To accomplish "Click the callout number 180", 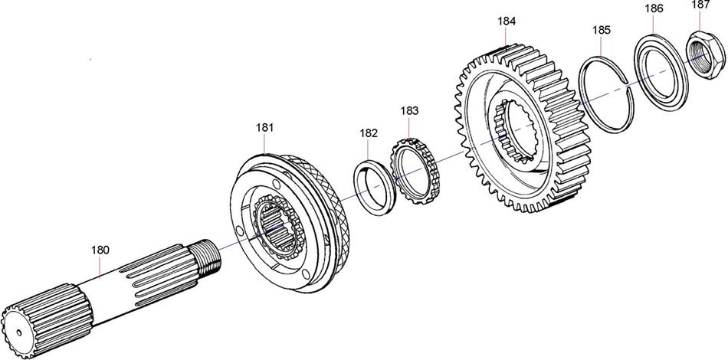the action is [100, 250].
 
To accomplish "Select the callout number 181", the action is [264, 128].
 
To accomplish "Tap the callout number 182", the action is [369, 133].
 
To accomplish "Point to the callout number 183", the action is [409, 110].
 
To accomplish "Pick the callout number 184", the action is [507, 21].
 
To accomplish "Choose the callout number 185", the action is [602, 30].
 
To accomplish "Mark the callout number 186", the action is [654, 8].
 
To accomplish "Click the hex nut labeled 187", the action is [706, 54].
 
